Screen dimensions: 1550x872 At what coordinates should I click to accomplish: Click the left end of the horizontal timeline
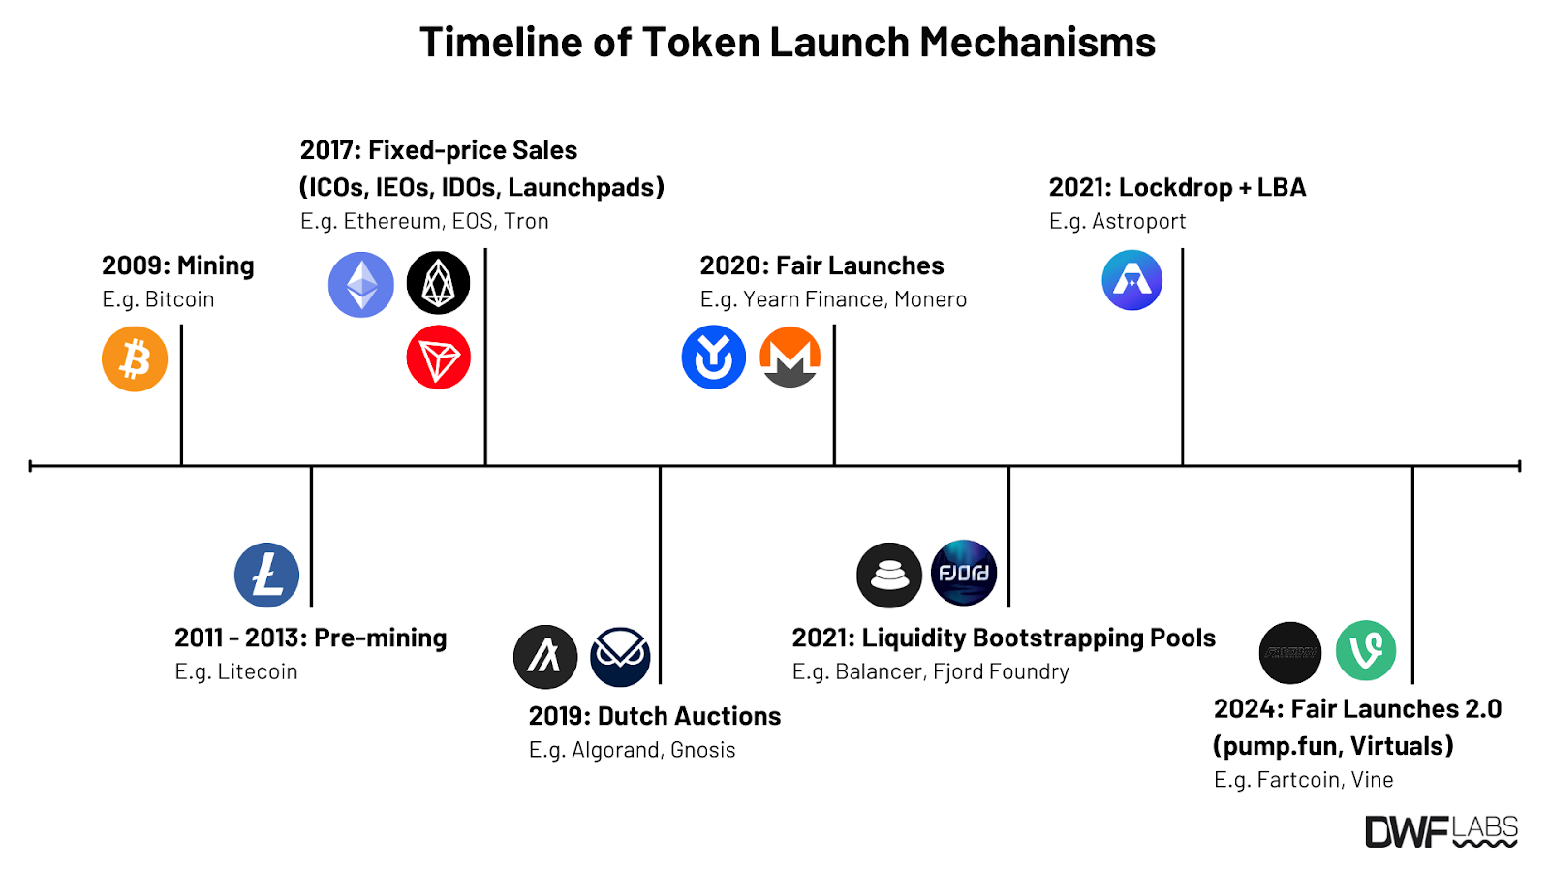pos(30,466)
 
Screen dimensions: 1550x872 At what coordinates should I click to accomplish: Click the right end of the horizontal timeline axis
pos(1520,466)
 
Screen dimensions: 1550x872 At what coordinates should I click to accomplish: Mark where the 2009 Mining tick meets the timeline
pos(181,466)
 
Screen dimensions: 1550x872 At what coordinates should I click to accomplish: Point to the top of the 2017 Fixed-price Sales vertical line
pos(485,249)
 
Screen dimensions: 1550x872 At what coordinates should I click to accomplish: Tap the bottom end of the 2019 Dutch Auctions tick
pos(660,683)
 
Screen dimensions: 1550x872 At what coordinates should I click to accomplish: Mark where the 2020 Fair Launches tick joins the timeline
pos(834,466)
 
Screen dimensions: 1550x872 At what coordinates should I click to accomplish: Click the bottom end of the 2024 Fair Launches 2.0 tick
pos(1412,683)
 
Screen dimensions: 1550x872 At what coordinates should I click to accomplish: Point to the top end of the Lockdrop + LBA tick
pos(1183,249)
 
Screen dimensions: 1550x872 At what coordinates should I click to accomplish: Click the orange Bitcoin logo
pos(135,359)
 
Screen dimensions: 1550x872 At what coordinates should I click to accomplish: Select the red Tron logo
pos(438,358)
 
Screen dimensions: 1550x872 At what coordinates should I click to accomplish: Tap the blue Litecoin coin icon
pos(266,576)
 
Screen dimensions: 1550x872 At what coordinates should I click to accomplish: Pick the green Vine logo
pos(1365,650)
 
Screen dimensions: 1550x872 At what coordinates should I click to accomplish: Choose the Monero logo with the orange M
pos(790,358)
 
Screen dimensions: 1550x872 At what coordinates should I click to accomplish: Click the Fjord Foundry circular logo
pos(964,573)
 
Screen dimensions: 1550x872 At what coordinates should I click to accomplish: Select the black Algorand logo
pos(545,657)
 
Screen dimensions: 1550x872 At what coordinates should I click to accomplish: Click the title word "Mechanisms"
pos(1038,42)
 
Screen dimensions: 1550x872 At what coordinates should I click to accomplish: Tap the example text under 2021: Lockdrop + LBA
pos(1117,222)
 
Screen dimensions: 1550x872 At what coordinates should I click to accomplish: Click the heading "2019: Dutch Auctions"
pos(655,716)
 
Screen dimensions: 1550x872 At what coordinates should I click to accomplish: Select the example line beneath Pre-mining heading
pos(236,671)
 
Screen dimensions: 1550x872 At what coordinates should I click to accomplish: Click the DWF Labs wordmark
pos(1441,832)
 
